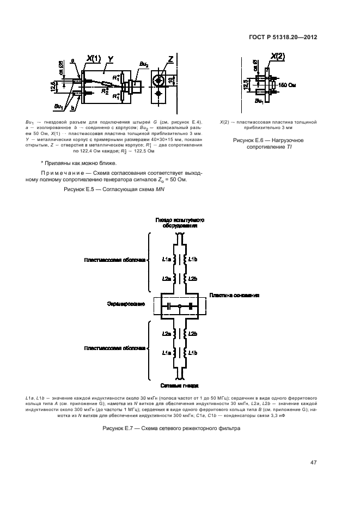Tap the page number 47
313,463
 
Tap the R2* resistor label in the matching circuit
105,91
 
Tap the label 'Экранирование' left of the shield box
127,304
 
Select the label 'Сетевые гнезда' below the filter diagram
179,385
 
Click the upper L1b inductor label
192,259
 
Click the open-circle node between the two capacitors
179,307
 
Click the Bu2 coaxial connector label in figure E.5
143,65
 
